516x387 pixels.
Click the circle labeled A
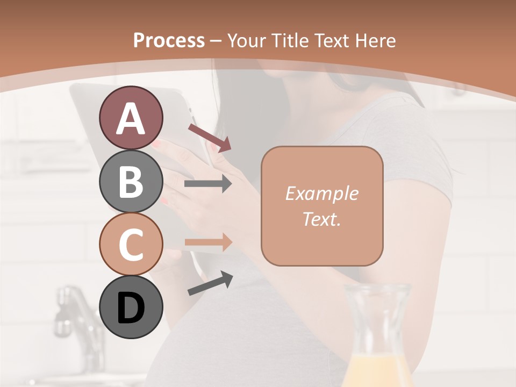click(131, 118)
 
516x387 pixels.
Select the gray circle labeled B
click(131, 181)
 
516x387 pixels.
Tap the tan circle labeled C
click(131, 244)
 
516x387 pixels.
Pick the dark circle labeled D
click(131, 307)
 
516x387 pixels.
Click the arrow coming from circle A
click(209, 138)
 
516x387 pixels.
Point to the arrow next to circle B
click(208, 184)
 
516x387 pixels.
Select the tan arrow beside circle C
click(208, 242)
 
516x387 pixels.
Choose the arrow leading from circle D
click(210, 283)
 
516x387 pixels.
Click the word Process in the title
click(169, 40)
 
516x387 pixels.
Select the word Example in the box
click(321, 193)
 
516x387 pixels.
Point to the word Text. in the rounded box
click(321, 219)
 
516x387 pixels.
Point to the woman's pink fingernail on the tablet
click(156, 145)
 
